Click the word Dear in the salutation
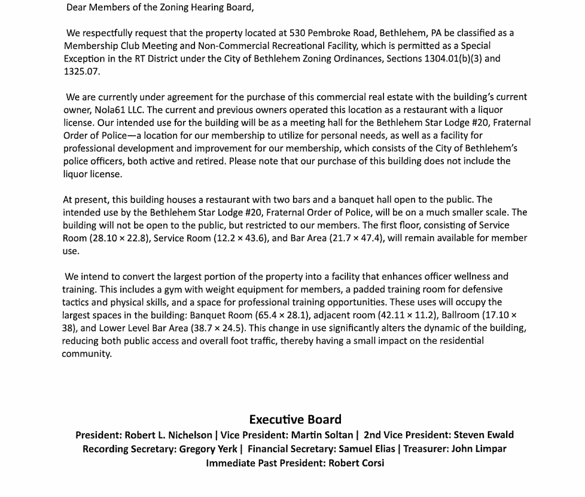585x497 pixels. click(x=77, y=8)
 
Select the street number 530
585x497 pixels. click(x=297, y=33)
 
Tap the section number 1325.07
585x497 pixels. click(x=81, y=72)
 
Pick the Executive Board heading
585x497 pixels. click(x=295, y=420)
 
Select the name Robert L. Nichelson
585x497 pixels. click(x=168, y=435)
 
